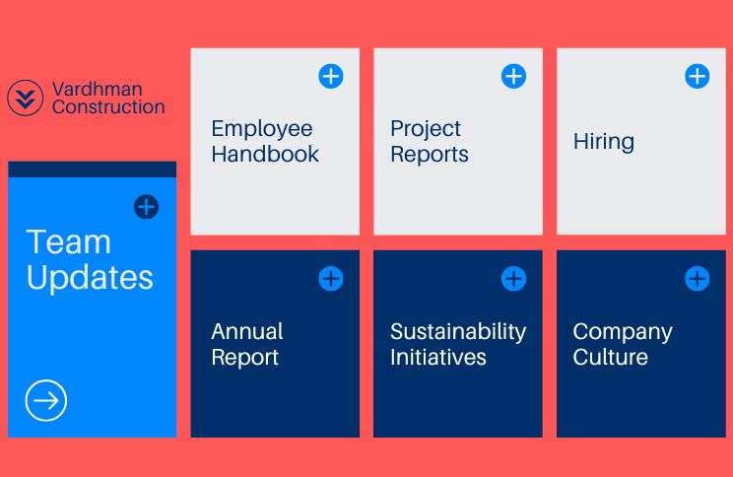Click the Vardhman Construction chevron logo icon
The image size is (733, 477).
tap(26, 98)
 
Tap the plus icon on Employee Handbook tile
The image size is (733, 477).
tap(331, 76)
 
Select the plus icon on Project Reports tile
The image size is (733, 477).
tap(513, 76)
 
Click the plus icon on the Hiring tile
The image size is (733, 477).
tap(697, 76)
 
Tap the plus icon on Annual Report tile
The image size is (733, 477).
tap(331, 279)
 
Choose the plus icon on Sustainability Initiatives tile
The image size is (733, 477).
tap(513, 279)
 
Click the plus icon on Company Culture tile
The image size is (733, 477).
tap(697, 279)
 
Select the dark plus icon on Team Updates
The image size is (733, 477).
tap(147, 207)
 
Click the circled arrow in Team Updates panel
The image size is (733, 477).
tap(45, 400)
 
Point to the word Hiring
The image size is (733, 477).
tap(604, 141)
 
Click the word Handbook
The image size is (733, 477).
tap(265, 155)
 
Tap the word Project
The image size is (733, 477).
tap(426, 129)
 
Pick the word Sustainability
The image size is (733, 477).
tap(458, 332)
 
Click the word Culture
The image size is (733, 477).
tap(611, 358)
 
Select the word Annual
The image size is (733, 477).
tap(247, 331)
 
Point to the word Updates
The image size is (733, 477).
tap(90, 279)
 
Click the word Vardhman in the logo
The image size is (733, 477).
tap(98, 89)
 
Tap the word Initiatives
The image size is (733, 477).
tap(438, 358)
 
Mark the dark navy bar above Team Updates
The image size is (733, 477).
tap(92, 170)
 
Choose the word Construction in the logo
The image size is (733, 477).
tap(108, 107)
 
